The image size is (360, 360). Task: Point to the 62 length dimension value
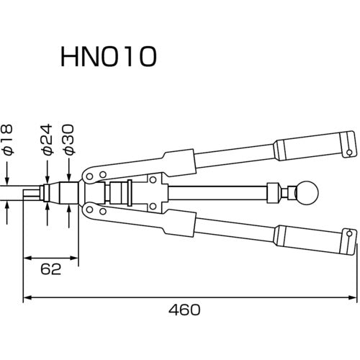[50, 269]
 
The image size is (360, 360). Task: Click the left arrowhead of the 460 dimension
[27, 297]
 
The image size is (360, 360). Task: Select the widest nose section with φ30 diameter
[70, 193]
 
